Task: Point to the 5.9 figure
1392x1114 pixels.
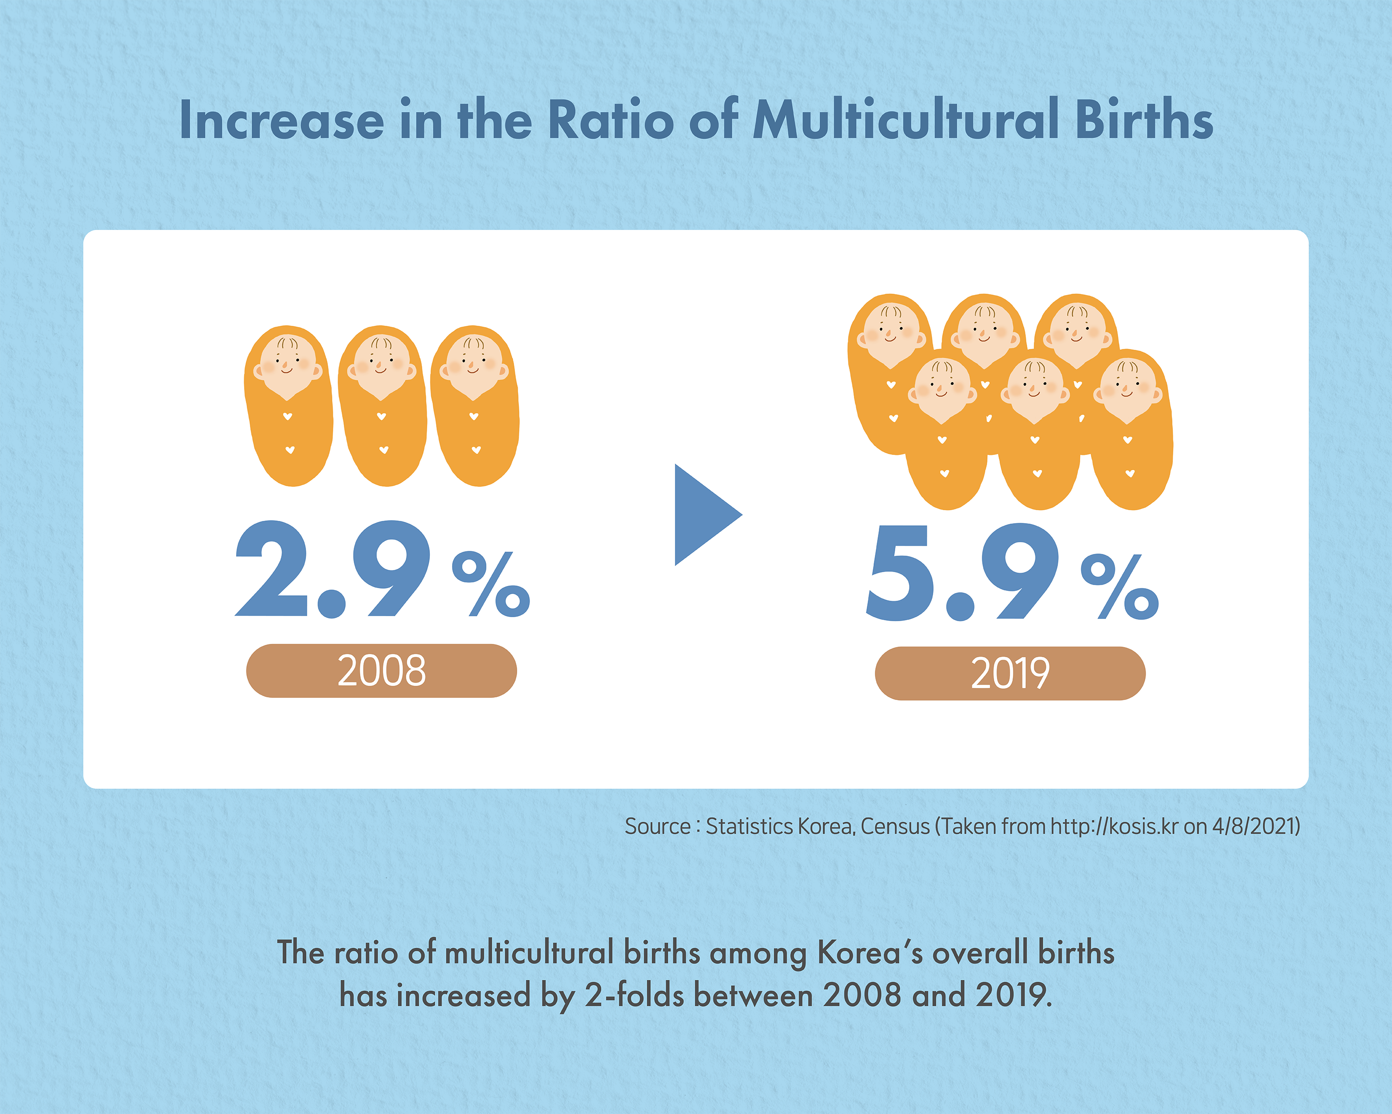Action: [x=962, y=572]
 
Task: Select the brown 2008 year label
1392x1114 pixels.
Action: [x=382, y=670]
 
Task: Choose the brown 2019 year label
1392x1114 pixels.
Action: [x=1010, y=673]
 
